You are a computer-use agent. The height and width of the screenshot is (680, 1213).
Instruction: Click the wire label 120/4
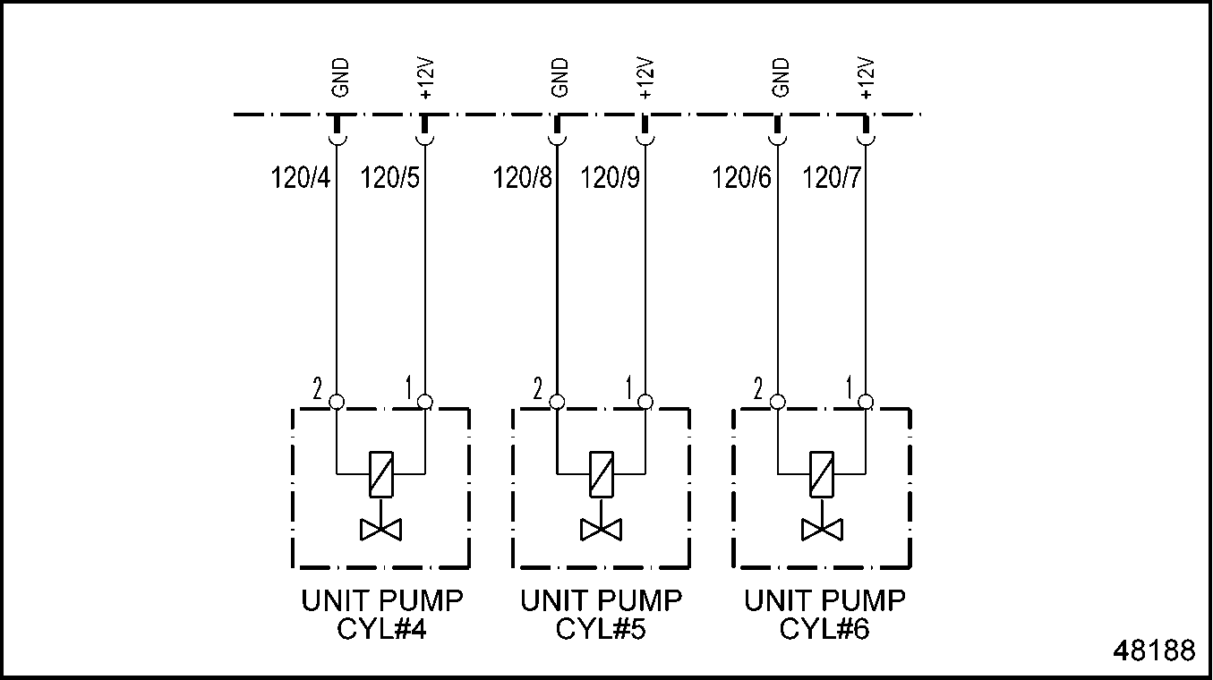click(x=301, y=179)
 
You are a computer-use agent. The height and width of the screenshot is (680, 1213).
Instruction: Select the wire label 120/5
click(x=389, y=179)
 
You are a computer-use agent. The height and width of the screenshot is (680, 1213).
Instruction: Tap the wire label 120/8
click(x=523, y=179)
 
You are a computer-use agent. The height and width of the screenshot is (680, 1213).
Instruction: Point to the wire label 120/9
click(x=611, y=179)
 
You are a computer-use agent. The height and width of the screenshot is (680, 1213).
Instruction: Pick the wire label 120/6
click(x=741, y=179)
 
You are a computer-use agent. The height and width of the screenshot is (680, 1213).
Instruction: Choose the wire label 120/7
click(x=833, y=179)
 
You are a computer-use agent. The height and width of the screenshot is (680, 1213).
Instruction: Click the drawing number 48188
click(x=1154, y=650)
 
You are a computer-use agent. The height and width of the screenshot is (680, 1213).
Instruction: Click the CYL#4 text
click(x=381, y=629)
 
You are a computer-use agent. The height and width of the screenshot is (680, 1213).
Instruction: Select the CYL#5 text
click(x=602, y=629)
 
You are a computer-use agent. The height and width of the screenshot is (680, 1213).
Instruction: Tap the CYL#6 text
click(x=824, y=629)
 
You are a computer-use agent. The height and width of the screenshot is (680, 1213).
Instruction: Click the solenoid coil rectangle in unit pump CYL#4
click(x=380, y=473)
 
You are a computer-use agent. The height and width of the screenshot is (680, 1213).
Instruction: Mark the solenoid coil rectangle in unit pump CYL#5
click(x=601, y=473)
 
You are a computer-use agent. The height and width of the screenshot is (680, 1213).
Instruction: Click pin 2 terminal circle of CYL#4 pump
click(x=337, y=402)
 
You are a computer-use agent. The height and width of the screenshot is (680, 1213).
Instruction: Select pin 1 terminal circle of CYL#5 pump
click(x=645, y=402)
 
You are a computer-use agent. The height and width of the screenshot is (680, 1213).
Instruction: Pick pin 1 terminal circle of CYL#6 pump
click(x=866, y=402)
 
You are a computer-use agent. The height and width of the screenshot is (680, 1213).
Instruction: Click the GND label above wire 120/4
click(x=340, y=78)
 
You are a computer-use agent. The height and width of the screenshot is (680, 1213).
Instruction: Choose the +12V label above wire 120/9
click(x=646, y=79)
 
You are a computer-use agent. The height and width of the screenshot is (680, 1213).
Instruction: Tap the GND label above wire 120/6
click(x=781, y=78)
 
